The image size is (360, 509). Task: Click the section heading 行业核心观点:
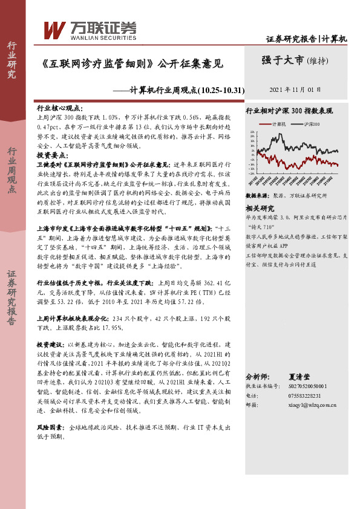[x=60, y=106]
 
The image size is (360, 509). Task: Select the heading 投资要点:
[x=53, y=155]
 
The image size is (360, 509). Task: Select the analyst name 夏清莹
[x=307, y=375]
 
